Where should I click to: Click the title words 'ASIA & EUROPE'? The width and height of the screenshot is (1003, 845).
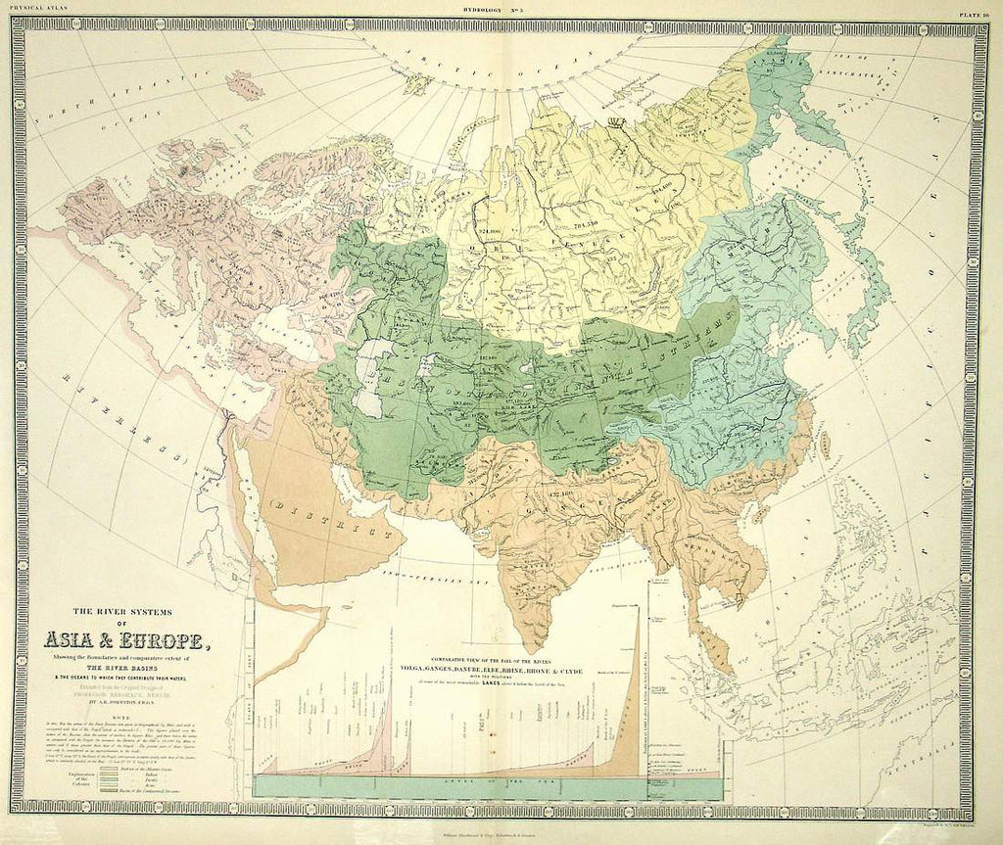(x=124, y=641)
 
